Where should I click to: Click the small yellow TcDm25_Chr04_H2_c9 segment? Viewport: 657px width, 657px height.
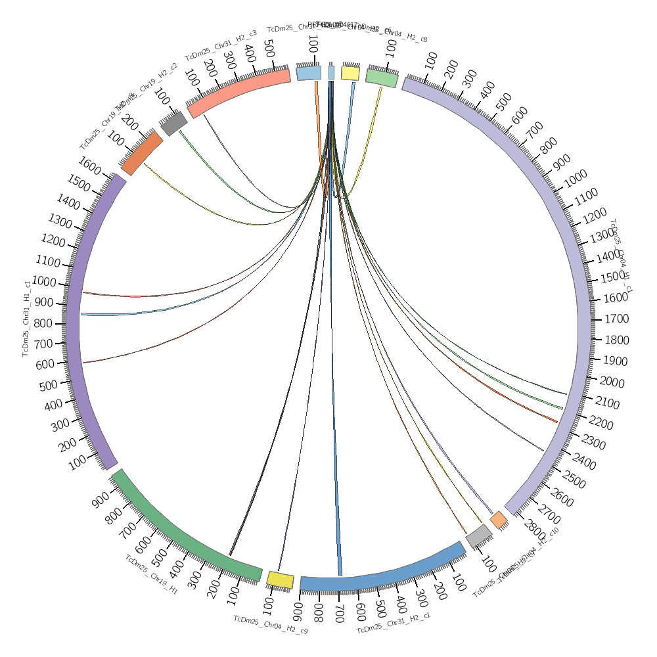pos(280,579)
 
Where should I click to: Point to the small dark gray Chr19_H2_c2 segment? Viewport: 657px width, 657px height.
pos(174,123)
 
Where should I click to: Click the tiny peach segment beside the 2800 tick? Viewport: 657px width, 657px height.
pos(499,520)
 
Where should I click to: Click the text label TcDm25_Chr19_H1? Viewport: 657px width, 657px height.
pos(151,574)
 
